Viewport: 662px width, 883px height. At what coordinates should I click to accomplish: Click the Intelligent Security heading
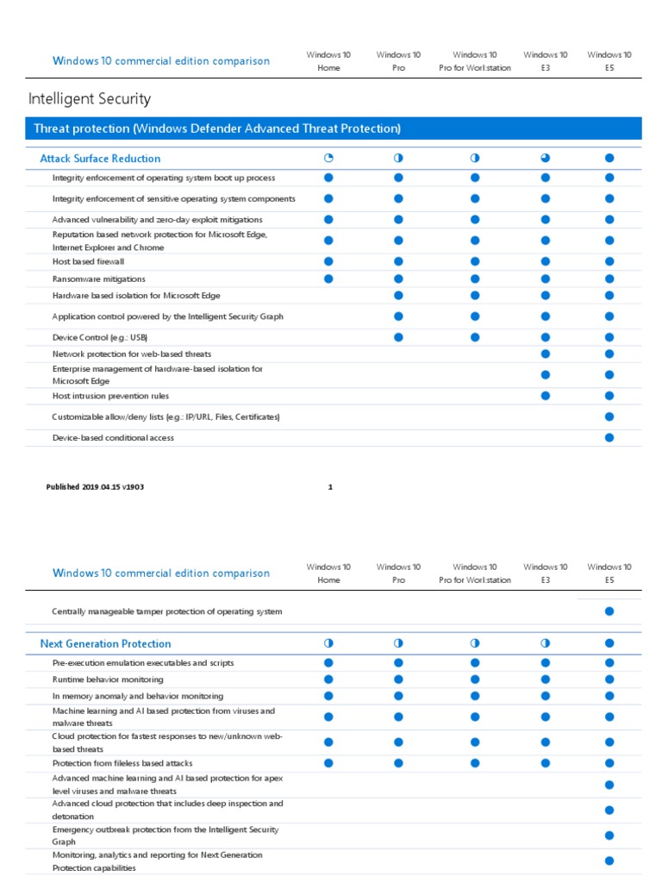click(90, 99)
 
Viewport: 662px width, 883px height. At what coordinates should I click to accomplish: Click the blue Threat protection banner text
click(216, 129)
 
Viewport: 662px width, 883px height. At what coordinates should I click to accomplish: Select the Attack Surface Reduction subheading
click(100, 159)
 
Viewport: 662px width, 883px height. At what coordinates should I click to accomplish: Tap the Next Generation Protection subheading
click(105, 644)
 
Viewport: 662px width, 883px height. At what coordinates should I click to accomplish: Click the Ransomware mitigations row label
click(98, 279)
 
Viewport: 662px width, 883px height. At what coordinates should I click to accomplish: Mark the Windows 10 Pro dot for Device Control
click(398, 337)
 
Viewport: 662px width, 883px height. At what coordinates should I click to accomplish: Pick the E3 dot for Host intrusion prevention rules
click(545, 396)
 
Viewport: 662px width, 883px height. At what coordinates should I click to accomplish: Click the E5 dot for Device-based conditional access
click(609, 438)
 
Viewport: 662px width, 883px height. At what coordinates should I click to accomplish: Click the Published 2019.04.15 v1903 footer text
click(95, 487)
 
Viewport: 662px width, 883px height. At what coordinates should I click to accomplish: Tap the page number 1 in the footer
click(330, 487)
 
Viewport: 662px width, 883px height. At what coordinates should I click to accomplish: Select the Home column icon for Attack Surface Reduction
click(328, 159)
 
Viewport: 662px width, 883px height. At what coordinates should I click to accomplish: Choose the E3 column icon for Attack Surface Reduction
click(545, 159)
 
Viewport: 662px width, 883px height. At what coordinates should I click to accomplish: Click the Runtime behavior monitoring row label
click(107, 679)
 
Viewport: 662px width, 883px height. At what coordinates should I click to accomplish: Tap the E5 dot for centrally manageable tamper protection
click(609, 611)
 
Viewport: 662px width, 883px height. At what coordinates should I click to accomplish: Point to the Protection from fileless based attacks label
click(122, 763)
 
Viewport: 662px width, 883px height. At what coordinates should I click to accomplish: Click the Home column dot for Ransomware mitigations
click(328, 279)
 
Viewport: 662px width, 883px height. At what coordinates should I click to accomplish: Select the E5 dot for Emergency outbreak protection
click(609, 836)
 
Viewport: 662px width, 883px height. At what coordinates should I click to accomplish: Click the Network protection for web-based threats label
click(131, 354)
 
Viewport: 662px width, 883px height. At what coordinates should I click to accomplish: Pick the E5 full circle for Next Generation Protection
click(609, 644)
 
